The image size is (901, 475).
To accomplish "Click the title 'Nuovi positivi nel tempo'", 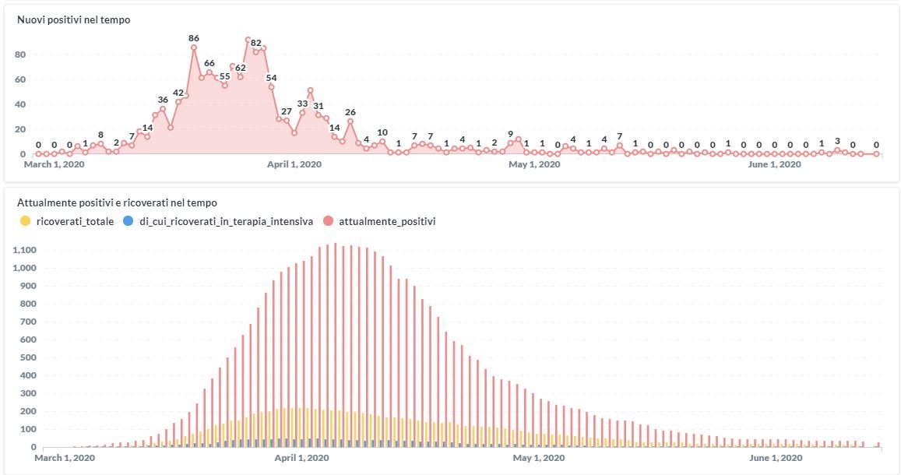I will click(74, 20).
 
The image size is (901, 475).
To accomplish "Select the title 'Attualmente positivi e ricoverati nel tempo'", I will click(118, 202).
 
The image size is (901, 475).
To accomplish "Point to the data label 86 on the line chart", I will click(194, 37).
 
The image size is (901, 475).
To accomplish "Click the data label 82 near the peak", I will click(256, 43).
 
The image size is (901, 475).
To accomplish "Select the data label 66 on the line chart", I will click(209, 63).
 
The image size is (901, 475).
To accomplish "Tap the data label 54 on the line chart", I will click(271, 77).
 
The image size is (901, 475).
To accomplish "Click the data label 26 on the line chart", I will click(350, 111).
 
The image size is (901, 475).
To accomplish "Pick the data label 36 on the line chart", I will click(163, 100).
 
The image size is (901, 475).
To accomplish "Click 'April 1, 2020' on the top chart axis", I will click(294, 164).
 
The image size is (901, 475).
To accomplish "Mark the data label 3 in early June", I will click(837, 141).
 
